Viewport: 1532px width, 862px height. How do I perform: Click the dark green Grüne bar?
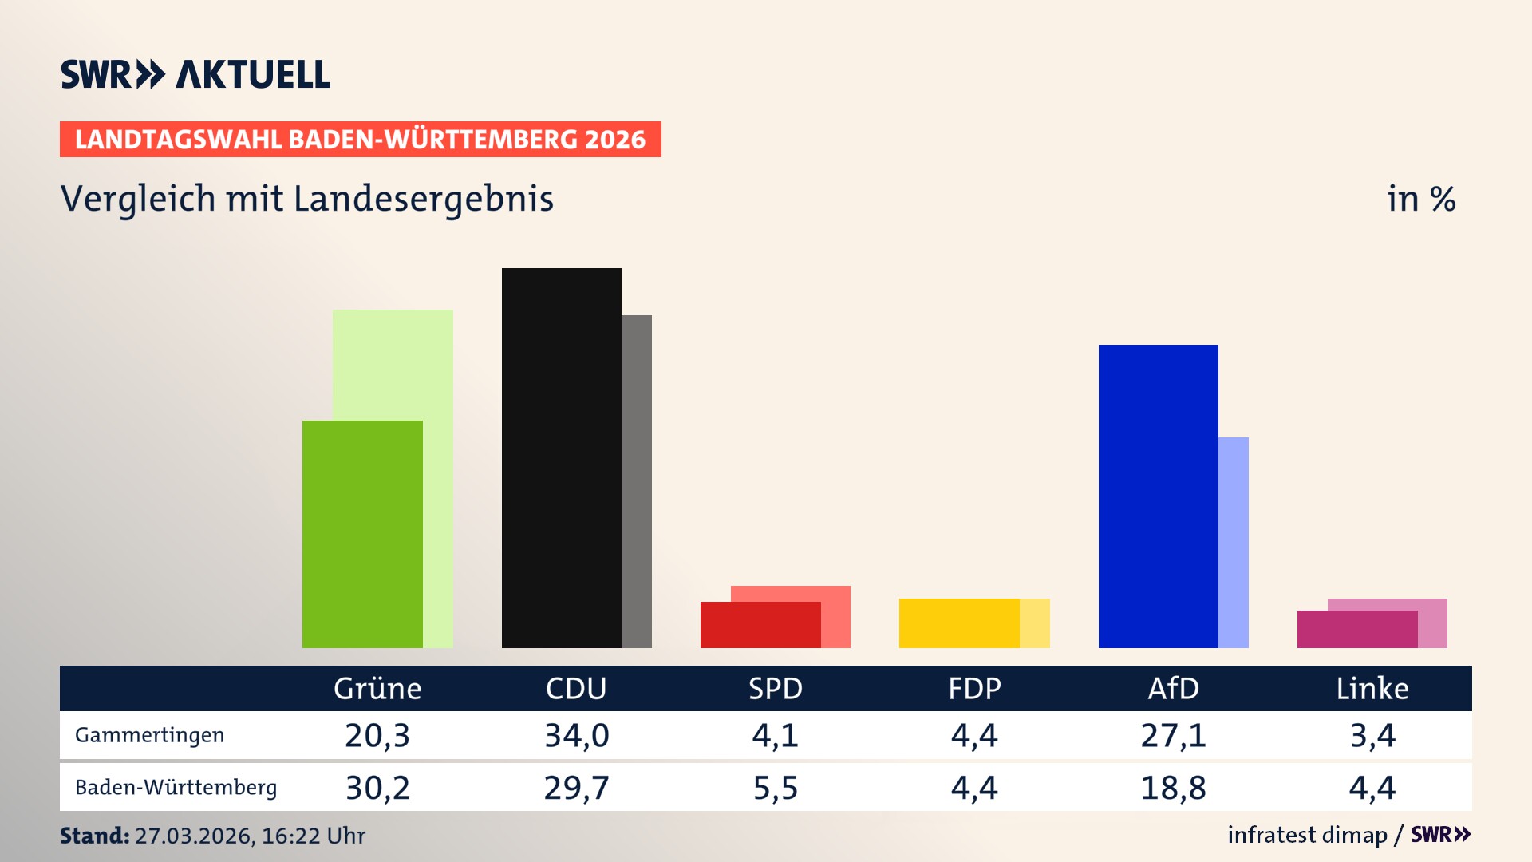362,534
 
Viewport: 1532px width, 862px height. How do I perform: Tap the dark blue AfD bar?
1158,496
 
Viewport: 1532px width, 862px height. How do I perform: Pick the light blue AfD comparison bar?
1234,542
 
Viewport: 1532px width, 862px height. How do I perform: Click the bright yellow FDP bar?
959,623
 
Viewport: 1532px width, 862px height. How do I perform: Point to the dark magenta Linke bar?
1356,629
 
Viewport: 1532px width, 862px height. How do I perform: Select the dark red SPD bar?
760,625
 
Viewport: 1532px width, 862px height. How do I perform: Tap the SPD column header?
775,688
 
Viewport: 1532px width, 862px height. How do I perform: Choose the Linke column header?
1372,688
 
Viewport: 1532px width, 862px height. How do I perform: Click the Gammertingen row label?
149,735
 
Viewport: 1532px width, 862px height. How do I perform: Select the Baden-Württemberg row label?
176,788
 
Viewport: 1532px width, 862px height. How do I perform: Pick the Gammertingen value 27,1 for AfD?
1173,735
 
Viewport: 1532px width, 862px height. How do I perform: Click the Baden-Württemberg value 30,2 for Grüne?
377,788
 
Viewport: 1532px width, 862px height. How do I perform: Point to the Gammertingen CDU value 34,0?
576,735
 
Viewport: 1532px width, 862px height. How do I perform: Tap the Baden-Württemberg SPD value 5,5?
775,788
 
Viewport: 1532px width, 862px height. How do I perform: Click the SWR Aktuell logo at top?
195,74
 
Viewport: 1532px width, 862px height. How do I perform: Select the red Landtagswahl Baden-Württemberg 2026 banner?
360,140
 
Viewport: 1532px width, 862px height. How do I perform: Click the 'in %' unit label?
1421,199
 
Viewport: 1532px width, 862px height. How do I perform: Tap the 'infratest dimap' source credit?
1307,835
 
